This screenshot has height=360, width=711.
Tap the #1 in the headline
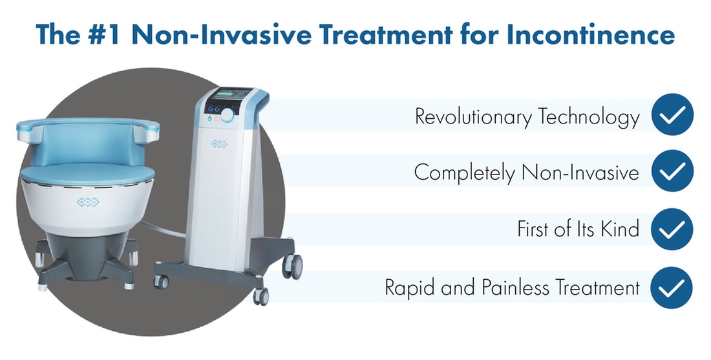pyautogui.click(x=103, y=35)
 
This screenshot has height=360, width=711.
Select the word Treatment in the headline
pyautogui.click(x=387, y=35)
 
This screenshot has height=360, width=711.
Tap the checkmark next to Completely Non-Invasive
pyautogui.click(x=672, y=171)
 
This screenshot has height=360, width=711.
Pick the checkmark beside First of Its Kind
pyautogui.click(x=672, y=229)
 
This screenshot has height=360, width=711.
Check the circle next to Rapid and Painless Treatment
pyautogui.click(x=672, y=288)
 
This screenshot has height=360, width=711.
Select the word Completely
pyautogui.click(x=465, y=173)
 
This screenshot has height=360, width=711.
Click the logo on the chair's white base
pyautogui.click(x=87, y=201)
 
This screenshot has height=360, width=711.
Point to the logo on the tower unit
pyautogui.click(x=220, y=144)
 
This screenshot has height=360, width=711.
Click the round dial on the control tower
pyautogui.click(x=228, y=115)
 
